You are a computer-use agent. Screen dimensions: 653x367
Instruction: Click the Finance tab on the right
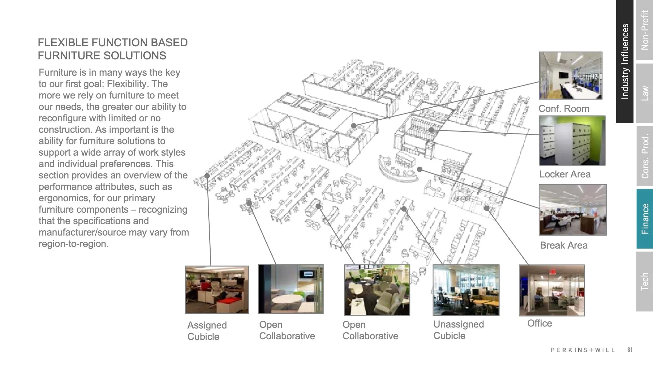click(x=645, y=219)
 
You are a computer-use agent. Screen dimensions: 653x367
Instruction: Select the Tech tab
click(x=645, y=281)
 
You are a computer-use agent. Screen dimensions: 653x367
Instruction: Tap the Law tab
click(x=645, y=93)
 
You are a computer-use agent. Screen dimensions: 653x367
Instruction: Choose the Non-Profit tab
click(x=645, y=30)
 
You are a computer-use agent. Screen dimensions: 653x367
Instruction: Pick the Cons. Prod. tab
click(x=645, y=156)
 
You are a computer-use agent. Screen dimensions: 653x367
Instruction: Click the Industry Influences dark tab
click(x=625, y=61)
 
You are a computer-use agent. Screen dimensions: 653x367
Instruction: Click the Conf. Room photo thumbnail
click(x=570, y=75)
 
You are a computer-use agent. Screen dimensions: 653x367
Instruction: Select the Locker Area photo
click(x=572, y=141)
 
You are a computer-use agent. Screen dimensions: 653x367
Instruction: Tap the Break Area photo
click(x=572, y=210)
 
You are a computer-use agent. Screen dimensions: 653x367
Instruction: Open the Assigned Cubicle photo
click(x=217, y=290)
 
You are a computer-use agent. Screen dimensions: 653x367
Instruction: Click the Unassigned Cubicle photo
click(x=466, y=290)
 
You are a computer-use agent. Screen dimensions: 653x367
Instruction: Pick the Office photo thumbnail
click(x=551, y=290)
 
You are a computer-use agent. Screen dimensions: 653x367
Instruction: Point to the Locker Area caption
click(x=565, y=174)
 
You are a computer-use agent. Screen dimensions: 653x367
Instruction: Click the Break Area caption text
click(x=564, y=245)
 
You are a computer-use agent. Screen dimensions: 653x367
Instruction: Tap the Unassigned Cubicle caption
click(x=458, y=330)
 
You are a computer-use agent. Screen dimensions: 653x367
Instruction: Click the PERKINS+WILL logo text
click(x=583, y=350)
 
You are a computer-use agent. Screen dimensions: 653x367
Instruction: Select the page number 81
click(x=630, y=350)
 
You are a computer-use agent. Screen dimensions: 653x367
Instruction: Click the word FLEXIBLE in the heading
click(x=63, y=43)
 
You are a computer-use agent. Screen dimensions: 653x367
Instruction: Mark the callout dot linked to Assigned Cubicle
click(x=207, y=176)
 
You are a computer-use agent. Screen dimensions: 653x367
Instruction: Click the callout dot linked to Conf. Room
click(x=354, y=126)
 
